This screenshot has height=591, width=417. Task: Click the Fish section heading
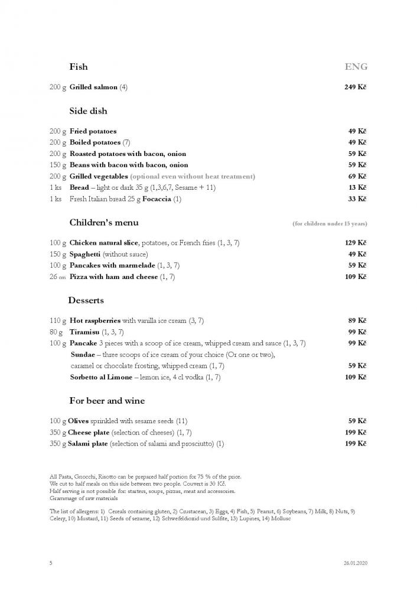click(79, 67)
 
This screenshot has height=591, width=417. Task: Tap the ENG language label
click(356, 67)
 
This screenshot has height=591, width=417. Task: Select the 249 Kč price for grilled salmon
click(356, 87)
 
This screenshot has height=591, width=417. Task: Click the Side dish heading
click(88, 111)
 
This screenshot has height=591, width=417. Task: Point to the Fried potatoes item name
click(93, 131)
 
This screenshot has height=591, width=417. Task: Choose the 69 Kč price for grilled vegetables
click(357, 176)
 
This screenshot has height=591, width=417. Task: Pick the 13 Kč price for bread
click(357, 187)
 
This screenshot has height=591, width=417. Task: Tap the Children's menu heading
click(104, 223)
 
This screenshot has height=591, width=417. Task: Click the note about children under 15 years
click(330, 224)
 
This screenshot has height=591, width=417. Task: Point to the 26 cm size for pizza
click(57, 277)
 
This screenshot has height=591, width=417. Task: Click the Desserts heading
click(86, 300)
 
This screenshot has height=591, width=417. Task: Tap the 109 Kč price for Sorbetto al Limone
click(356, 377)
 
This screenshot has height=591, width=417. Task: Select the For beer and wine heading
click(107, 401)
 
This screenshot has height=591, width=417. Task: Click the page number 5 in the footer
click(51, 563)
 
